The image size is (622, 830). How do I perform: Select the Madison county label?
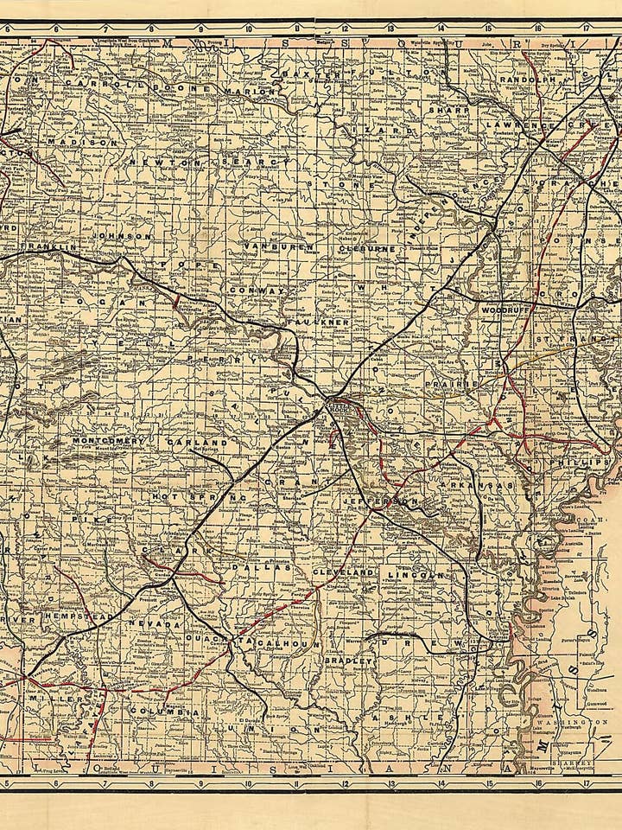click(x=81, y=141)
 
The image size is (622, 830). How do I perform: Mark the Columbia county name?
click(x=164, y=712)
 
